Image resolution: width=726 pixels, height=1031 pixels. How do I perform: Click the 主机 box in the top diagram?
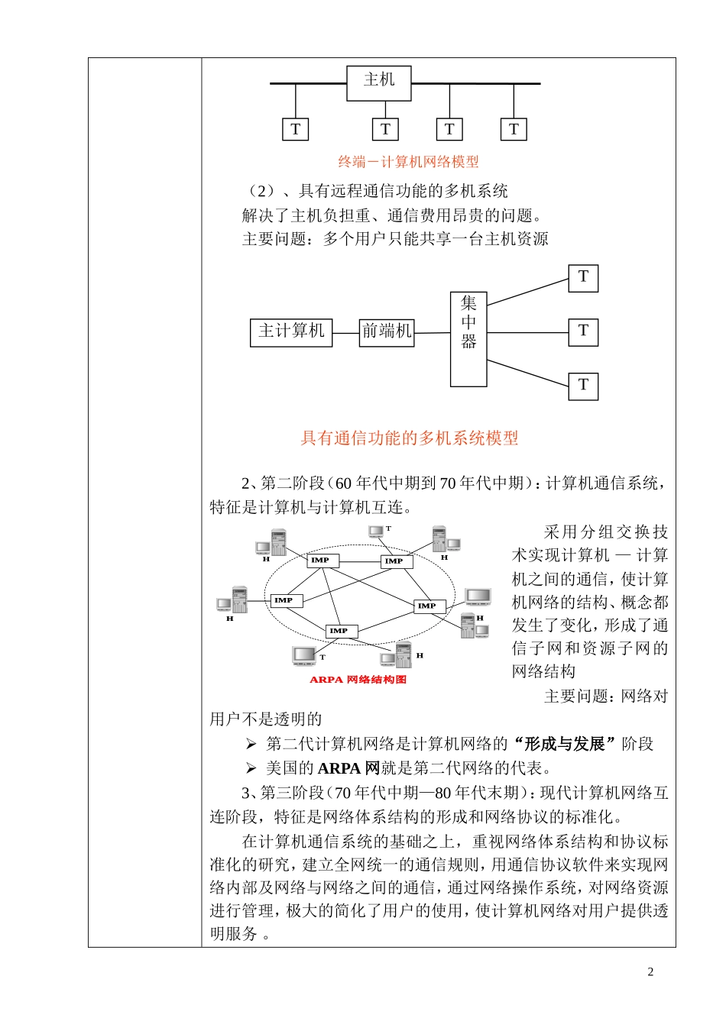tap(379, 82)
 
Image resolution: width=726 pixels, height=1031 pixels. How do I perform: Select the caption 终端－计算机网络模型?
tap(409, 162)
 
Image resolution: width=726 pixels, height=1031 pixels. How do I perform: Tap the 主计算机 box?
tap(291, 332)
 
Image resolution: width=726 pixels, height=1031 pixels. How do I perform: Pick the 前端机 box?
tap(387, 332)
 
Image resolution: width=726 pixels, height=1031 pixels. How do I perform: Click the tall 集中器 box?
tap(468, 339)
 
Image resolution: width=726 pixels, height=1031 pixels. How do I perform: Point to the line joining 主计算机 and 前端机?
tap(345, 333)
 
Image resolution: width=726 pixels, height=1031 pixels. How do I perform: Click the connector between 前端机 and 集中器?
tap(432, 333)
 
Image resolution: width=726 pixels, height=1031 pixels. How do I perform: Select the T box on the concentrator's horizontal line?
tap(583, 332)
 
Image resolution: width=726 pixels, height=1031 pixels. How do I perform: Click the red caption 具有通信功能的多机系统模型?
tap(409, 438)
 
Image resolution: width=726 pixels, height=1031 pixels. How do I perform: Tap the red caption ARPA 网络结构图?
tap(358, 680)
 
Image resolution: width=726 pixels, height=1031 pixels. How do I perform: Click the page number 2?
tap(650, 972)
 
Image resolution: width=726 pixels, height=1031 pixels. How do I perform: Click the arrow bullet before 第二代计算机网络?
tap(251, 744)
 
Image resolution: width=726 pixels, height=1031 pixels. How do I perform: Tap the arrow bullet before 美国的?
tap(251, 768)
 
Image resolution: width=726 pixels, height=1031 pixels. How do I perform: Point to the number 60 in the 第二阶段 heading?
tap(344, 483)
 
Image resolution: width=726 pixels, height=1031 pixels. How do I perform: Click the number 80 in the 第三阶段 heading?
tap(443, 793)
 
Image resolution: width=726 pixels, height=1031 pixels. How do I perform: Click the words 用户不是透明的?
tap(266, 719)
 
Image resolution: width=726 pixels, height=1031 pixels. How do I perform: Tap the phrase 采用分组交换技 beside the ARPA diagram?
tap(605, 532)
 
